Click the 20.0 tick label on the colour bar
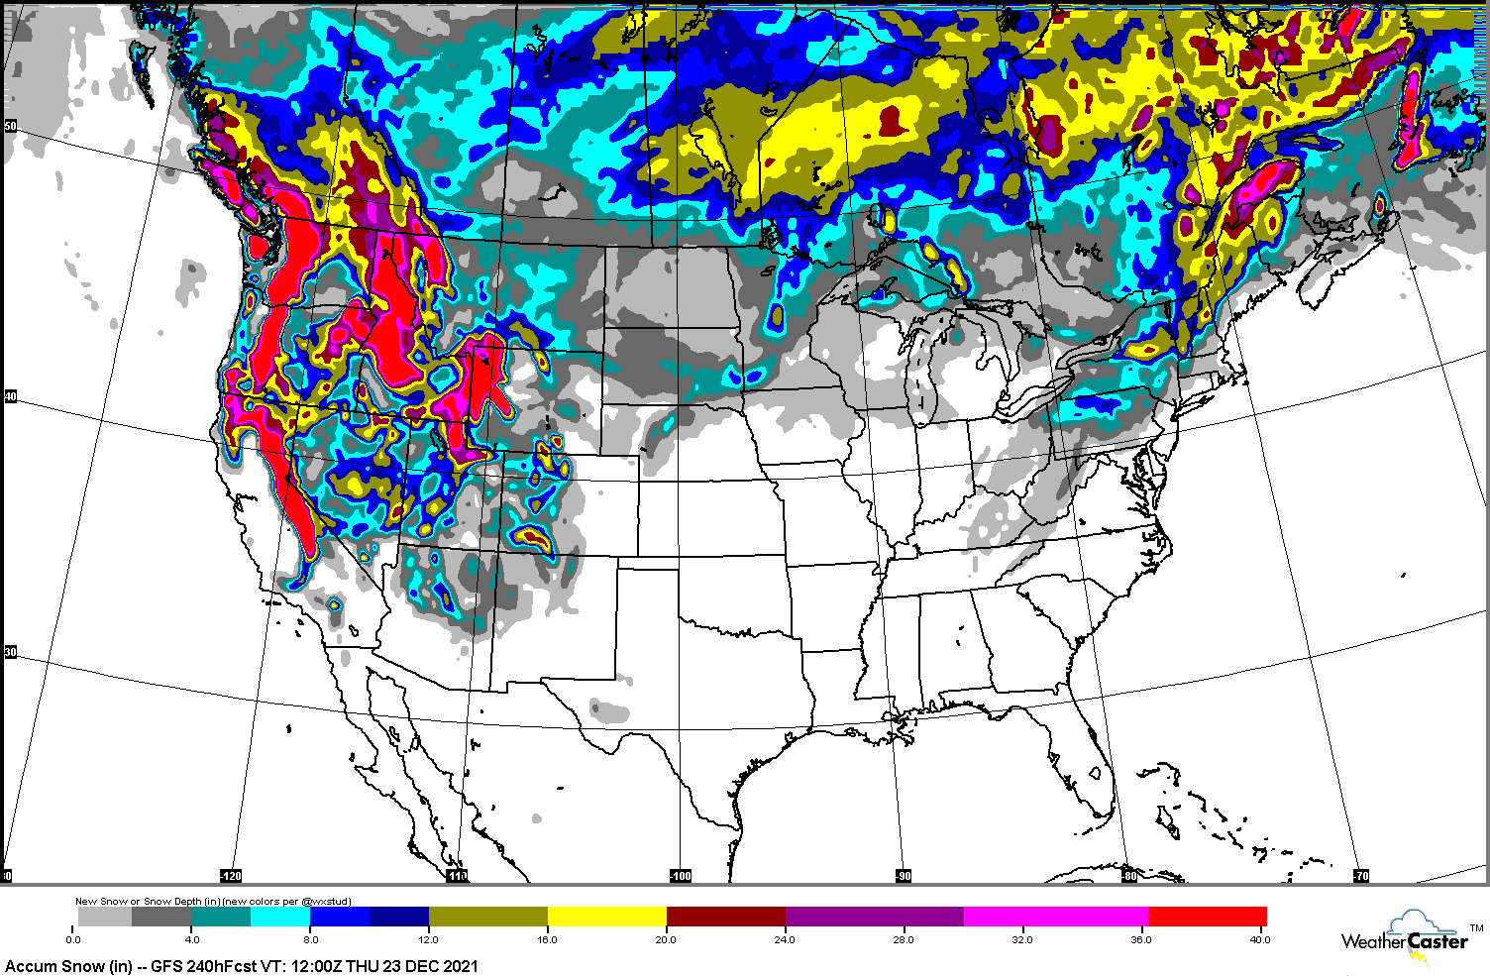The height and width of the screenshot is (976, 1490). (x=666, y=939)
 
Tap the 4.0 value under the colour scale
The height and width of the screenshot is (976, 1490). (x=191, y=939)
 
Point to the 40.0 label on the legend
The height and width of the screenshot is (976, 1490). (x=1259, y=939)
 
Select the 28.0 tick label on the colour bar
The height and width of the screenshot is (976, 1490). (x=904, y=939)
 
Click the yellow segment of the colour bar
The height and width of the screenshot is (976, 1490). (x=606, y=917)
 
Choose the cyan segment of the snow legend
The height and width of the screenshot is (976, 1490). (x=280, y=917)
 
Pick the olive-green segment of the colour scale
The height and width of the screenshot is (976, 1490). (x=487, y=917)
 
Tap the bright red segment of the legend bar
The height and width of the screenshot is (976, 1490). (x=1207, y=917)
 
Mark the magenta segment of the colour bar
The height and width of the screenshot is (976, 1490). (x=1055, y=917)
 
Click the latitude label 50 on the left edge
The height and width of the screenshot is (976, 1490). (x=11, y=127)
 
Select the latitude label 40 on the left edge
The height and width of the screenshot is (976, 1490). (x=11, y=397)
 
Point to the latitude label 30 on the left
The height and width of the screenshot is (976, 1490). (x=11, y=652)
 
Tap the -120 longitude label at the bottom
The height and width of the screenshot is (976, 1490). (x=231, y=876)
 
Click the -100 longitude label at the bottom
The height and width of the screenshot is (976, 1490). (x=681, y=876)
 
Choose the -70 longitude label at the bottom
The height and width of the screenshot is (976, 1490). (x=1361, y=876)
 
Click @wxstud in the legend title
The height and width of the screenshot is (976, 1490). (x=329, y=902)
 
